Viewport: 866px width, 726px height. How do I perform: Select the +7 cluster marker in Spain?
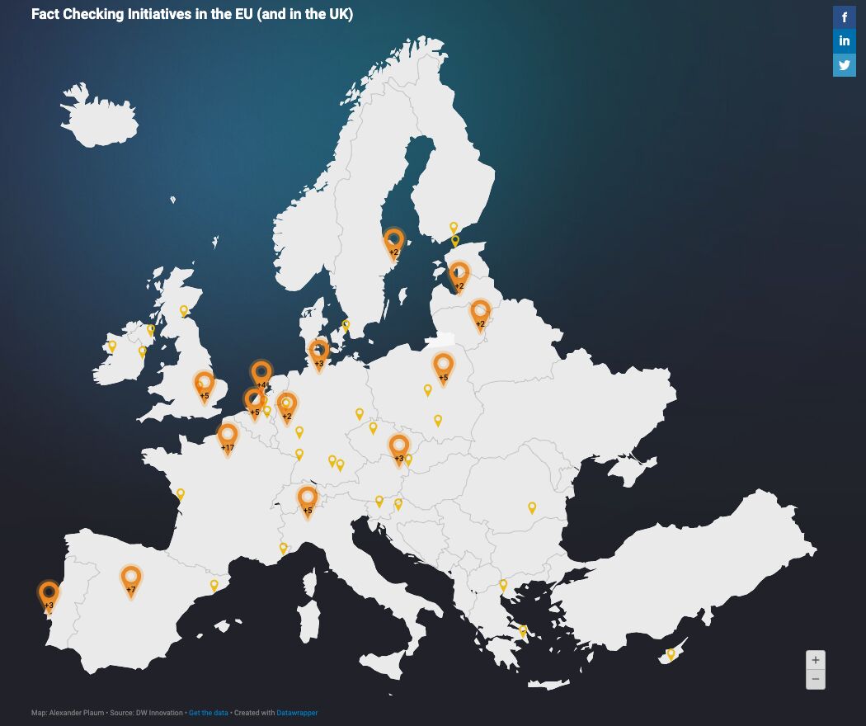(130, 578)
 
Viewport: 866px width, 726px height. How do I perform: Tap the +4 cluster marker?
(261, 374)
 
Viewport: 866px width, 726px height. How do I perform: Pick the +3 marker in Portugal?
(49, 593)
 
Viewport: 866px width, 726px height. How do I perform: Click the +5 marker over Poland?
(443, 366)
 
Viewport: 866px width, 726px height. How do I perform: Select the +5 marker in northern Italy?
(308, 499)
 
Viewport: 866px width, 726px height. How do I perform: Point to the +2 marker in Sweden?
(393, 241)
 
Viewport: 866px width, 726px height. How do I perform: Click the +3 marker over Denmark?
(318, 352)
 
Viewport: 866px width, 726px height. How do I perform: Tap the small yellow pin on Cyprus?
(671, 653)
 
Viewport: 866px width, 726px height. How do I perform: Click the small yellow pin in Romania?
(532, 507)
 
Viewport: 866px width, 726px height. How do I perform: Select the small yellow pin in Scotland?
(184, 311)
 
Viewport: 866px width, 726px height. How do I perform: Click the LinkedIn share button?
(845, 41)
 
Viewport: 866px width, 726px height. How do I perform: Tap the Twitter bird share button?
(845, 65)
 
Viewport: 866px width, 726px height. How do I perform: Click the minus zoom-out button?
(815, 679)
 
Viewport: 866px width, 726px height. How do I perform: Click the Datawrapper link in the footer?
(297, 713)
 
